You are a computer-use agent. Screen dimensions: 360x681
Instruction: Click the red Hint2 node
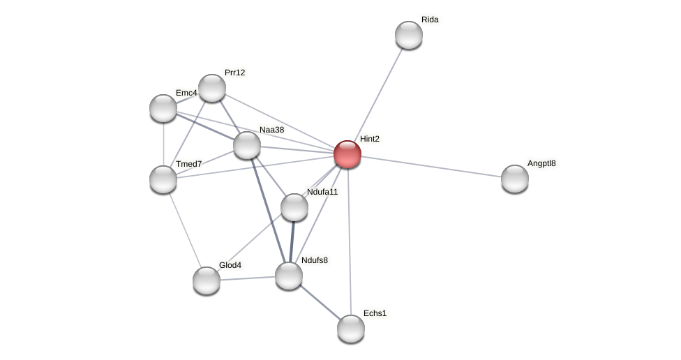tap(347, 154)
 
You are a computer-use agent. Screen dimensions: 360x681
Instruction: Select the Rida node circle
tap(409, 35)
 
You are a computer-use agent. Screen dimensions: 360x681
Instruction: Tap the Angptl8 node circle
tap(515, 179)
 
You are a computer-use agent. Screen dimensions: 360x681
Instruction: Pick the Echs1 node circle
tap(351, 329)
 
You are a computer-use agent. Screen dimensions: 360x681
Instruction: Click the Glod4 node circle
tap(207, 280)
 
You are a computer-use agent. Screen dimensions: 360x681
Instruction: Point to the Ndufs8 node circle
tap(289, 276)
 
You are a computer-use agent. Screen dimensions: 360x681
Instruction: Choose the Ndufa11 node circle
tap(294, 207)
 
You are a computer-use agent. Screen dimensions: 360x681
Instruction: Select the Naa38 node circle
tap(247, 145)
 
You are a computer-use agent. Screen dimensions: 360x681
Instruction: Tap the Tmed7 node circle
tap(163, 179)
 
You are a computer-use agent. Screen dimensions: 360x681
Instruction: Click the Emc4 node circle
tap(163, 108)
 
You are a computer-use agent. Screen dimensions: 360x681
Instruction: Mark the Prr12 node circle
tap(212, 88)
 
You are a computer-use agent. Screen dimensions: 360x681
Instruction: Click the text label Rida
tap(430, 20)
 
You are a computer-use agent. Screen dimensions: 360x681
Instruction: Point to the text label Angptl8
tap(541, 164)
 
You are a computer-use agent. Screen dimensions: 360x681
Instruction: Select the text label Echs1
tap(375, 313)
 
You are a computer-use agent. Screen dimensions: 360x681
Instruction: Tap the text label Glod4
tap(230, 265)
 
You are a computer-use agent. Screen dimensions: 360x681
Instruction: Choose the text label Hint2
tap(370, 139)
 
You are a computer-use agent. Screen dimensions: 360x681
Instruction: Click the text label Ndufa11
tap(322, 192)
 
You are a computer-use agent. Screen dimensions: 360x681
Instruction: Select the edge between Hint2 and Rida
tap(378, 94)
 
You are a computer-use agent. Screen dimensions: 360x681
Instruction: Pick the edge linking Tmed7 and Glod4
tap(185, 230)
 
